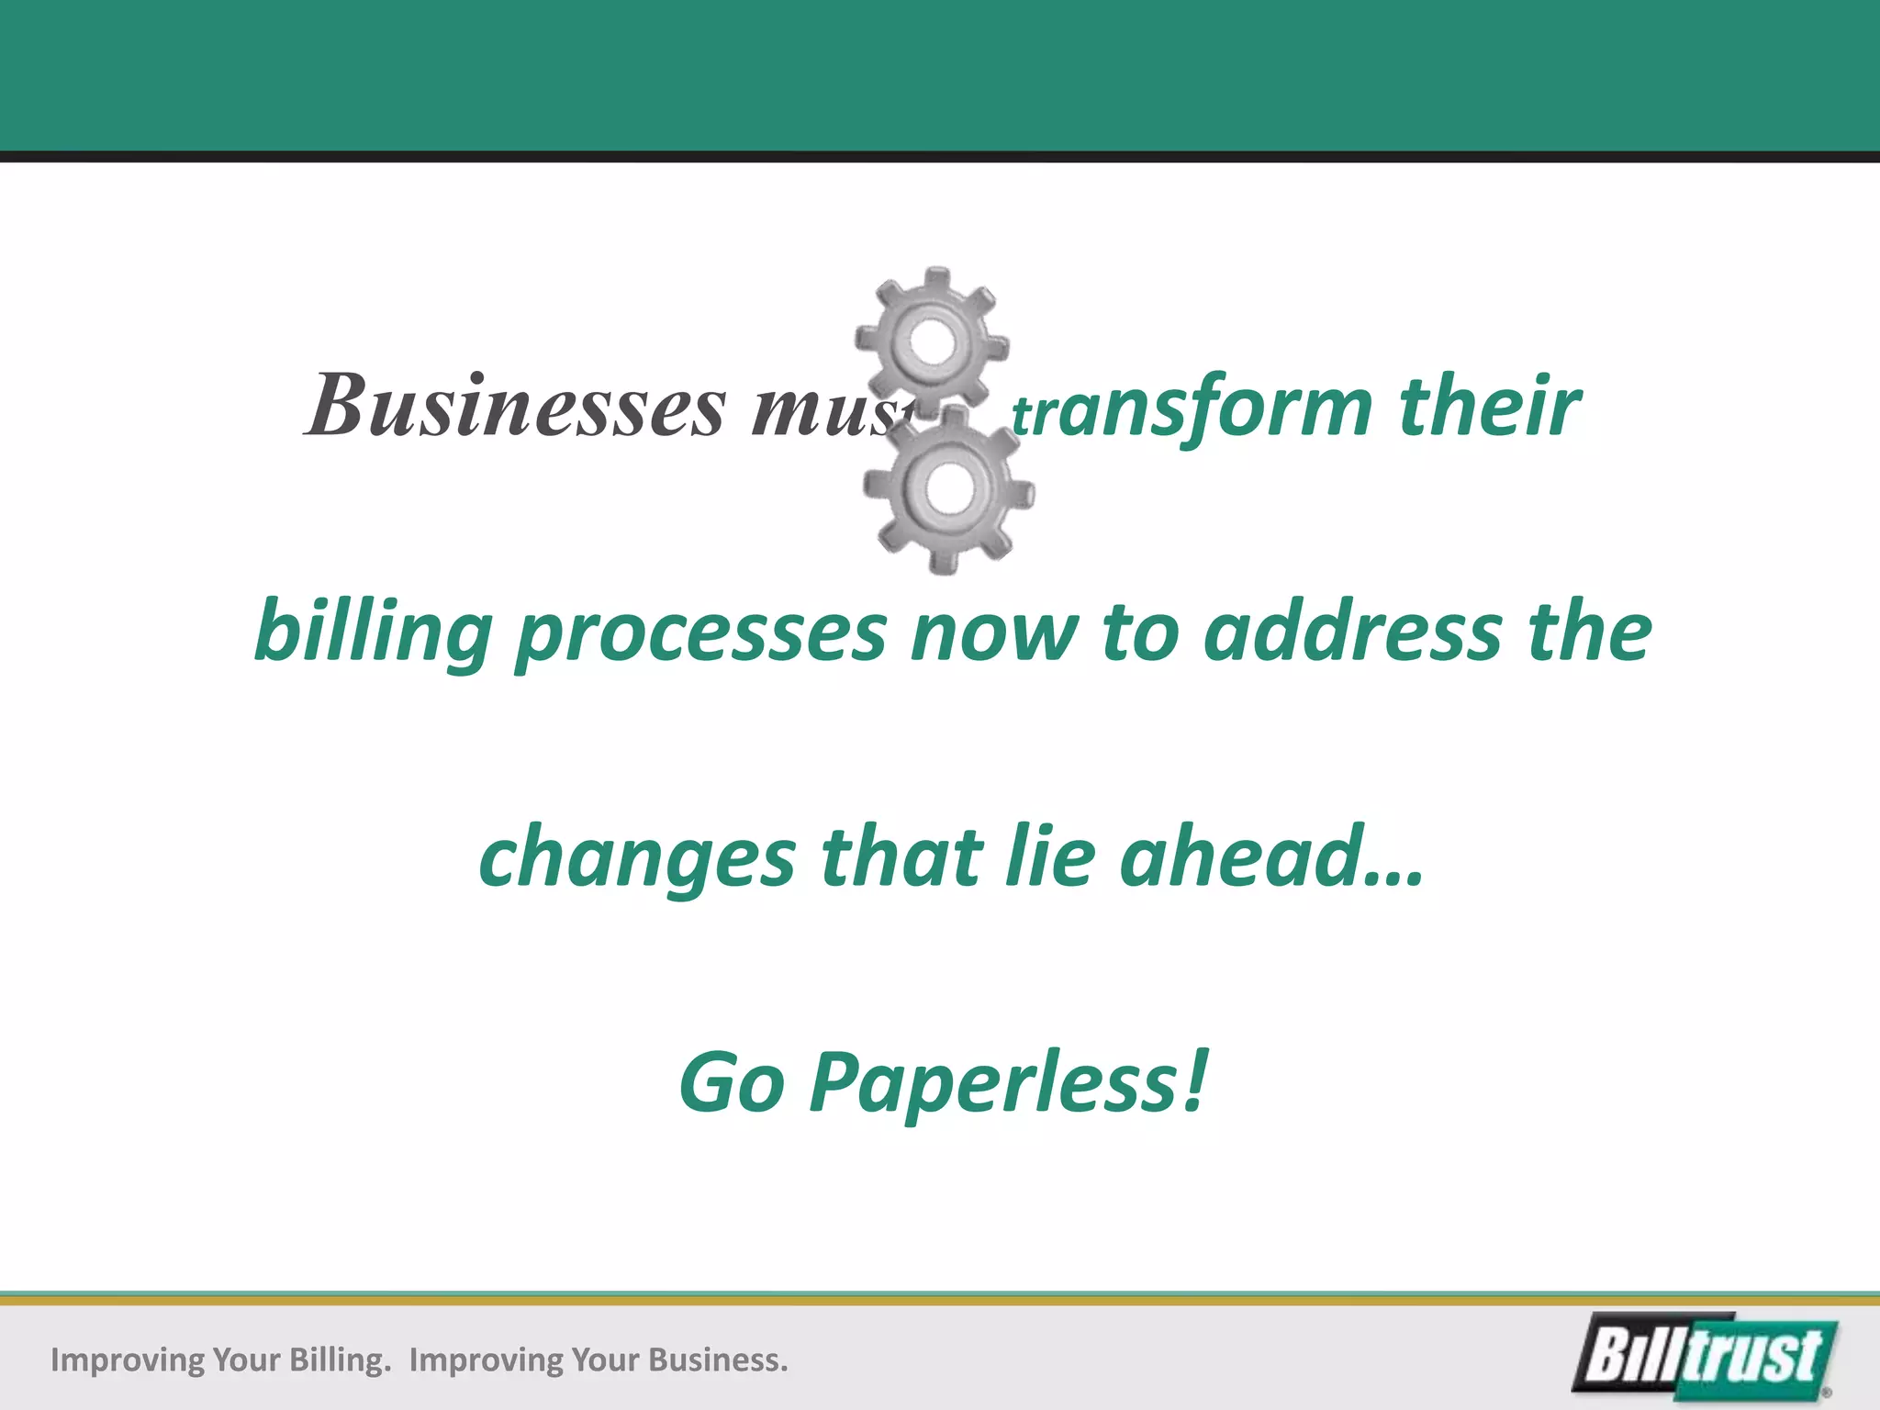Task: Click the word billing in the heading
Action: [x=373, y=633]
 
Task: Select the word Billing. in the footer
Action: [x=340, y=1360]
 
